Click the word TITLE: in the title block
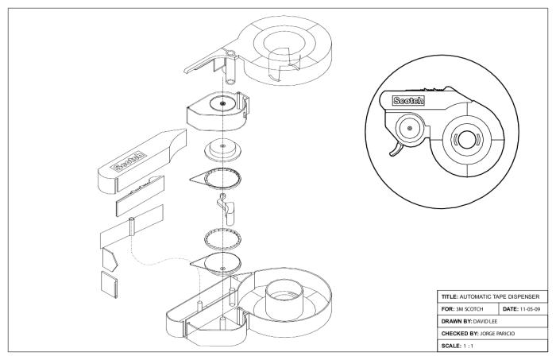[x=450, y=296]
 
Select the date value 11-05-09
[x=530, y=309]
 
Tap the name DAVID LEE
[x=485, y=322]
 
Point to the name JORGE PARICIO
[x=497, y=334]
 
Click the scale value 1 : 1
[x=468, y=346]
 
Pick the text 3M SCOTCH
[x=469, y=309]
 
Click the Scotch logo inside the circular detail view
[x=408, y=100]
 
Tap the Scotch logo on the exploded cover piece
[x=128, y=162]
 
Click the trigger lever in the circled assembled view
[x=396, y=149]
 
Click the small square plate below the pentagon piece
[x=110, y=285]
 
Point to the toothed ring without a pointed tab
[x=223, y=238]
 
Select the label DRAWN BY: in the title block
[x=457, y=322]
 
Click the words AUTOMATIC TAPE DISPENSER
[x=500, y=296]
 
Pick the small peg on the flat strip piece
[x=132, y=226]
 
